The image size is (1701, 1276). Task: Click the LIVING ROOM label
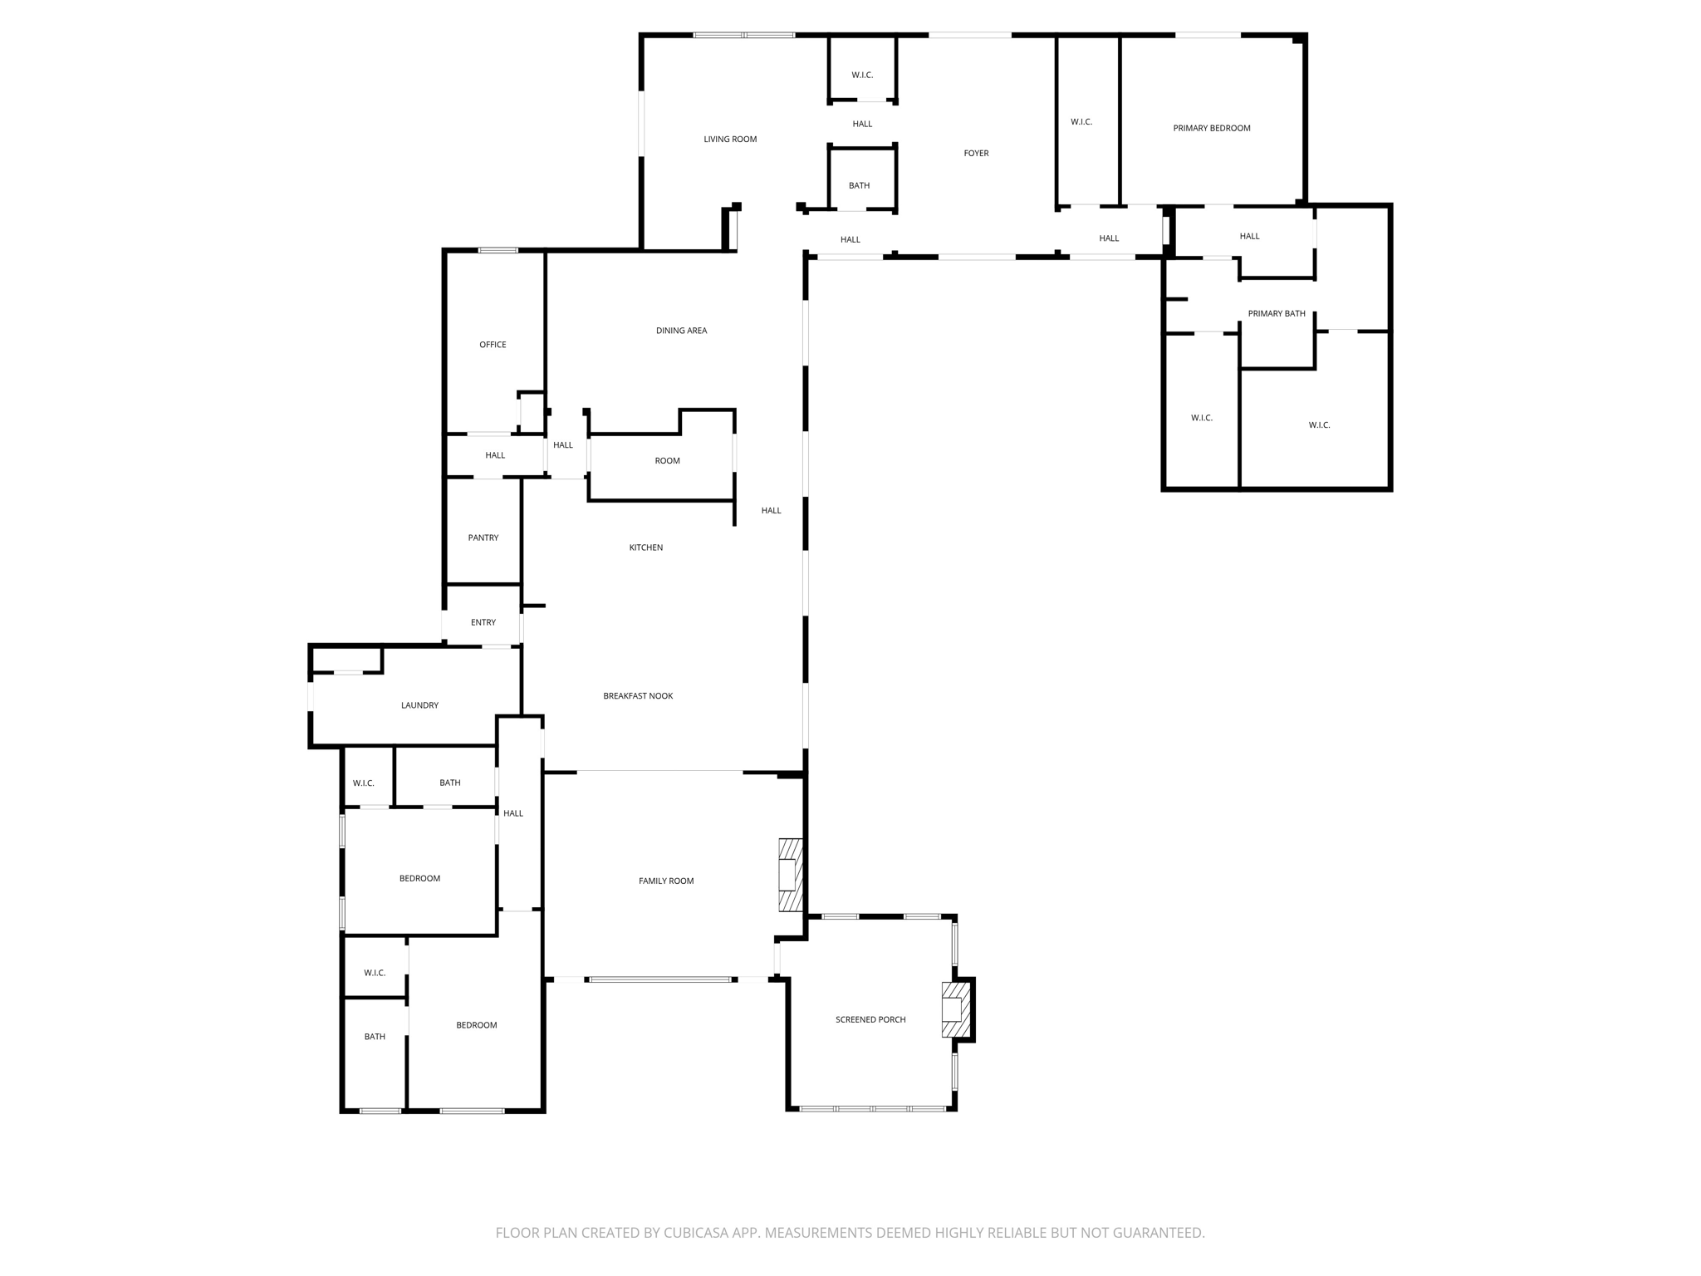click(x=730, y=140)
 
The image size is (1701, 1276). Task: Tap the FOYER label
click(x=976, y=154)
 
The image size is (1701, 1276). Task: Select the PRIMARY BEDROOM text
click(x=1211, y=129)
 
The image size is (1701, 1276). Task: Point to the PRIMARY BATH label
click(x=1276, y=314)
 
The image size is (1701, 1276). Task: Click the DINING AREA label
click(x=681, y=331)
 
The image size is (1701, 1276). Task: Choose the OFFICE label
click(x=493, y=345)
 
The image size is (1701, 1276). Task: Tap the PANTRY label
click(x=483, y=538)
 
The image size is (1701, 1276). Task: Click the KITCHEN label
click(x=645, y=547)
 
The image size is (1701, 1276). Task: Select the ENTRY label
click(x=483, y=623)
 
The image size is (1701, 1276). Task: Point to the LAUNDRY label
click(x=419, y=705)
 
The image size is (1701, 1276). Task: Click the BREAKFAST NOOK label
click(x=638, y=696)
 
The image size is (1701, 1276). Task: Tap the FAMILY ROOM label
click(x=665, y=881)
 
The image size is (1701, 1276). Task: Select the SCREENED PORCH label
click(x=870, y=1020)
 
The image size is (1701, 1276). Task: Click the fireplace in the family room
click(x=790, y=876)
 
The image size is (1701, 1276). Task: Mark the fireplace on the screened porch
click(x=955, y=1010)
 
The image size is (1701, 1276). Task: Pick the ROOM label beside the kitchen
click(x=667, y=461)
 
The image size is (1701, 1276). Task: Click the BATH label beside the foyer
click(x=859, y=186)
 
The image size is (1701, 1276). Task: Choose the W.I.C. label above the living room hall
click(x=862, y=76)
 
